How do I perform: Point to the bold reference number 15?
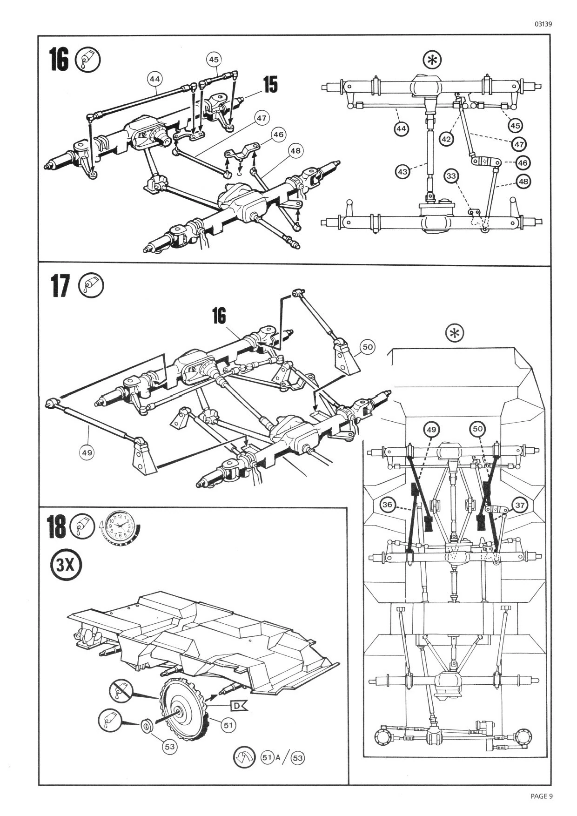(x=270, y=85)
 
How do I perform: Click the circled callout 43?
(x=403, y=172)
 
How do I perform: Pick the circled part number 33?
(x=451, y=176)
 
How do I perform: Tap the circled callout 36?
(x=387, y=504)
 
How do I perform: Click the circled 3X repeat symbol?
(x=66, y=565)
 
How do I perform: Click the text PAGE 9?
(x=541, y=796)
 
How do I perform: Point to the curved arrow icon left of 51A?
(x=245, y=757)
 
